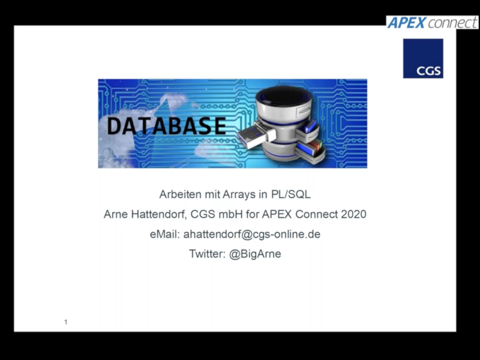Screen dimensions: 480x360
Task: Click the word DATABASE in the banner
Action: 167,126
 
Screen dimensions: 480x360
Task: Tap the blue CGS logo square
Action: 423,58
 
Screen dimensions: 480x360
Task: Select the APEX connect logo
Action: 432,23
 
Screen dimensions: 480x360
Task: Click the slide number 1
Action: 66,322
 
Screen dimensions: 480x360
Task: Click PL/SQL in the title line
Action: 291,194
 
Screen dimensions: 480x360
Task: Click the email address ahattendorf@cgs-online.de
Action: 251,234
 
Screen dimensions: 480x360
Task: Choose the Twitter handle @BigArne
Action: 255,254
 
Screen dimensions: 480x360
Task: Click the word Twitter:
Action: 208,254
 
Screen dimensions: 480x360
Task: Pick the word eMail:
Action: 164,234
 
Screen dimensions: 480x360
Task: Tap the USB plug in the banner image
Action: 256,134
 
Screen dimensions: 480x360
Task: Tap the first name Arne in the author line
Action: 116,214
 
